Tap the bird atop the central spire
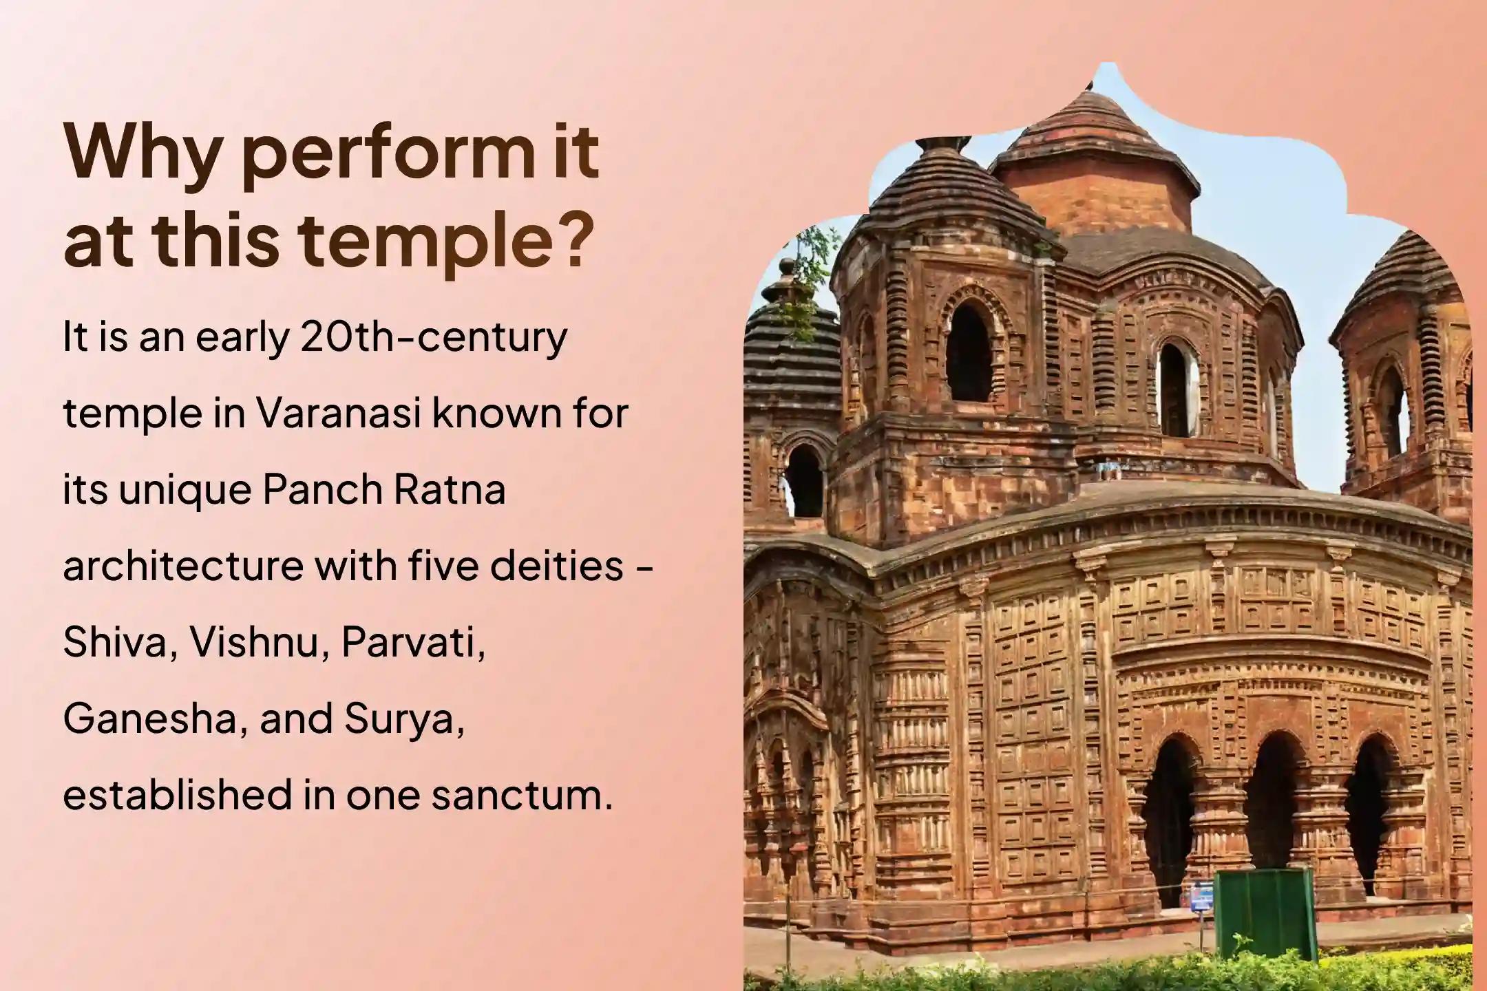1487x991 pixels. (1089, 85)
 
